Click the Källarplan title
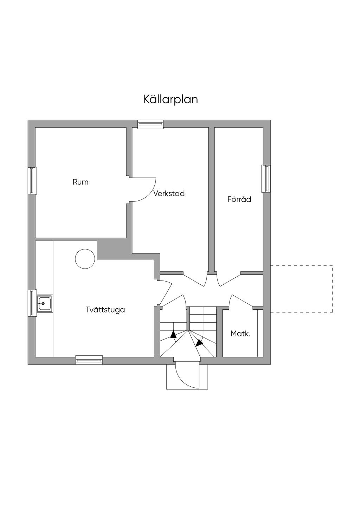tap(171, 99)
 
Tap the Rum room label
tap(81, 182)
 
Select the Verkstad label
tap(169, 193)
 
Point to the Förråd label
tap(239, 199)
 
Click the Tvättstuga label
tap(105, 310)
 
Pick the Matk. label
tap(240, 334)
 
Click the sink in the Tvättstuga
tap(45, 303)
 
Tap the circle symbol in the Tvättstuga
tap(85, 259)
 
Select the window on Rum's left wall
tap(32, 180)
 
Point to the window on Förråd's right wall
tap(266, 179)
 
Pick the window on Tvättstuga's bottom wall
tap(89, 360)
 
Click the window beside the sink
tap(32, 303)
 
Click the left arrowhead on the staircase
tap(173, 334)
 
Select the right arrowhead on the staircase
tap(199, 342)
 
